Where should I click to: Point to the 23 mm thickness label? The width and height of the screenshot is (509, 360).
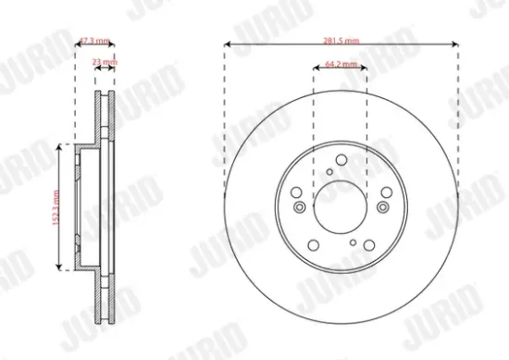tap(106, 63)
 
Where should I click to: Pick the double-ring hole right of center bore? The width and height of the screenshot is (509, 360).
tap(384, 205)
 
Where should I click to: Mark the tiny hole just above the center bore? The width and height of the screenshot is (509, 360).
tap(330, 171)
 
